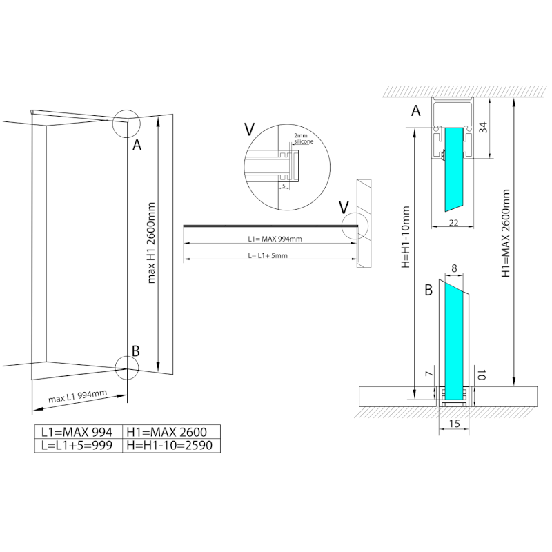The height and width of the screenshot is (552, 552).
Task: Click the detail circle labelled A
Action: pyautogui.click(x=128, y=124)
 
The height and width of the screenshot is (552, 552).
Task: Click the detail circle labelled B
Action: pyautogui.click(x=128, y=368)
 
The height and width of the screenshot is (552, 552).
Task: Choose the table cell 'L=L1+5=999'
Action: pyautogui.click(x=77, y=446)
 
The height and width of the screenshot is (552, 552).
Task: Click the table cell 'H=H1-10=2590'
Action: pyautogui.click(x=171, y=446)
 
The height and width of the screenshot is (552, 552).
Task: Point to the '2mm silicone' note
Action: pyautogui.click(x=304, y=138)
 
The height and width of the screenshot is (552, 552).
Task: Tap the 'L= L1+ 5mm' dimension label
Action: pyautogui.click(x=267, y=255)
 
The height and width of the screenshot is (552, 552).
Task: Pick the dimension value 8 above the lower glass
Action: pyautogui.click(x=454, y=269)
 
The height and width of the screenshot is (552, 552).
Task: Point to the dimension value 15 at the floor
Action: pyautogui.click(x=453, y=423)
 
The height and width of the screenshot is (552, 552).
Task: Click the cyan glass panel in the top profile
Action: pyautogui.click(x=453, y=166)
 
